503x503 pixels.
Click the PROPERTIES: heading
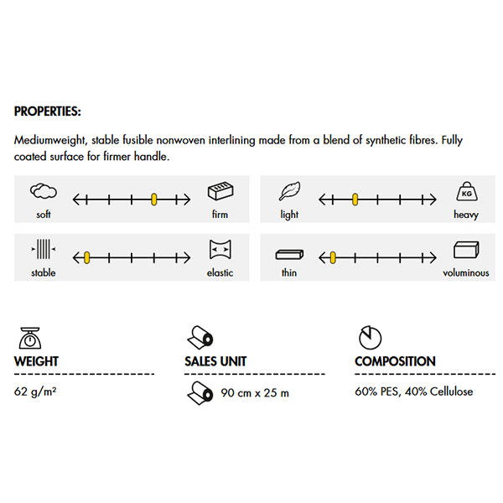[48, 111]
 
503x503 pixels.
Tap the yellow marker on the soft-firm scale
[154, 200]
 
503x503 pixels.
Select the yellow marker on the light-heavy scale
[355, 200]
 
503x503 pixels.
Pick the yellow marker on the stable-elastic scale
[86, 257]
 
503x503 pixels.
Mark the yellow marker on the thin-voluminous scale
[333, 257]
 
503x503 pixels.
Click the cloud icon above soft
[43, 192]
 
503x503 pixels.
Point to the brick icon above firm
[220, 192]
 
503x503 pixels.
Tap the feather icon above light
[289, 192]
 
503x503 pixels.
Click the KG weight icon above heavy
[465, 192]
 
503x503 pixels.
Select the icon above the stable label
[43, 250]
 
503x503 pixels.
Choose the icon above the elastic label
[220, 250]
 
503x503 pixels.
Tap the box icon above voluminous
[465, 250]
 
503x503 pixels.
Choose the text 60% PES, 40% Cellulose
[413, 392]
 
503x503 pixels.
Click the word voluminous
[465, 272]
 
